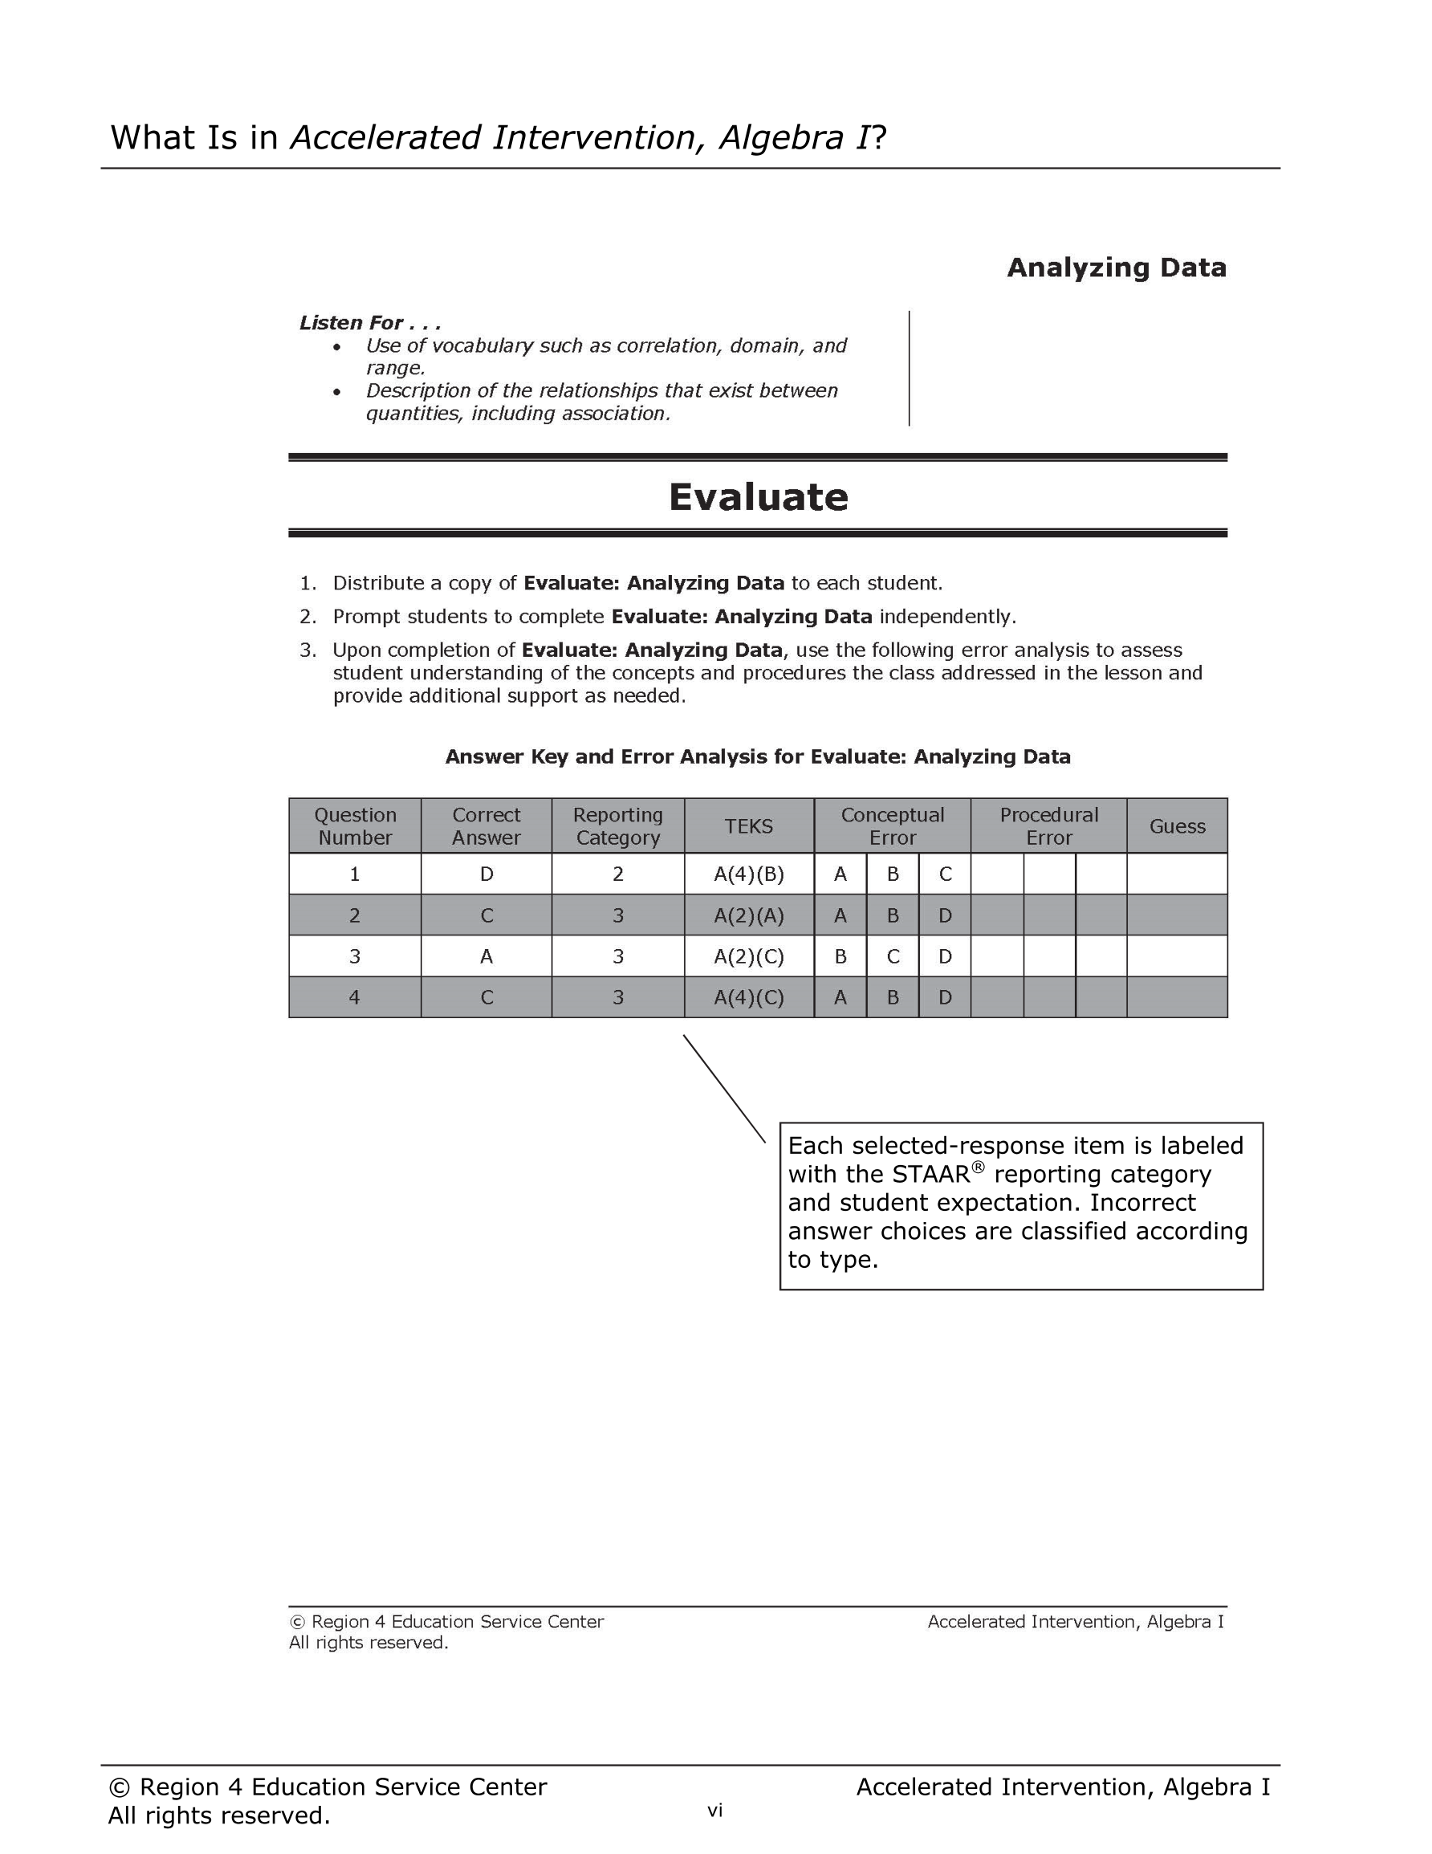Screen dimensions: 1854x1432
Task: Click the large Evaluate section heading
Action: [758, 498]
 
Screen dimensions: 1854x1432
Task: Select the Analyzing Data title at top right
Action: [1117, 267]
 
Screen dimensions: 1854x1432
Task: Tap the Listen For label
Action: [369, 323]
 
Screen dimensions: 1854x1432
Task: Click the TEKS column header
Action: [749, 826]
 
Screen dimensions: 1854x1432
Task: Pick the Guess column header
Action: [1177, 826]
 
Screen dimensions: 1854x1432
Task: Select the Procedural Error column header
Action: [1048, 826]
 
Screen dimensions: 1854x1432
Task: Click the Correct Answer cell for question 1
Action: [486, 874]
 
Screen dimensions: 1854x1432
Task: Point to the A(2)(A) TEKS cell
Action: [749, 915]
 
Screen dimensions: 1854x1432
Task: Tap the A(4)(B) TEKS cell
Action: [749, 874]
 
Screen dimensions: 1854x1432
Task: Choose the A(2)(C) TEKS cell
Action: [749, 957]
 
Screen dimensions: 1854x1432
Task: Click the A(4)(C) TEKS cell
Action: [749, 997]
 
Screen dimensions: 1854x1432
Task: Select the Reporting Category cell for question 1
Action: [618, 874]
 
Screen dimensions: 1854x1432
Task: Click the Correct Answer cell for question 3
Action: [486, 957]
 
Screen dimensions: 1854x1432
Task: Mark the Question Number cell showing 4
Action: [355, 997]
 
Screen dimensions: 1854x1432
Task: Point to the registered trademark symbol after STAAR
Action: [978, 1167]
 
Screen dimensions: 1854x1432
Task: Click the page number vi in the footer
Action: [714, 1811]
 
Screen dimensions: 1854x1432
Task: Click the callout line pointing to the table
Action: [724, 1088]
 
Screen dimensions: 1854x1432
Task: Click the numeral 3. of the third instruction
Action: [307, 650]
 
